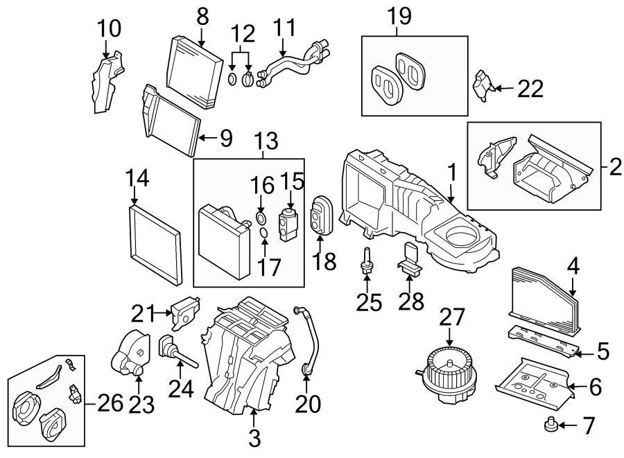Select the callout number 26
pyautogui.click(x=101, y=401)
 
